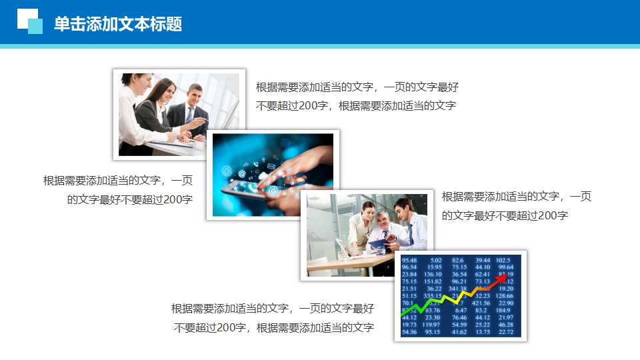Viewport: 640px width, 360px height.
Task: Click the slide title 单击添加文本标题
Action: (118, 24)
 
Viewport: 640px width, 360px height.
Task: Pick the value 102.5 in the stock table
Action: (503, 260)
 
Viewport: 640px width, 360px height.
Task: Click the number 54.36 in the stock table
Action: (409, 332)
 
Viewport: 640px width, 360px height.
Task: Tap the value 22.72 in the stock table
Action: (506, 332)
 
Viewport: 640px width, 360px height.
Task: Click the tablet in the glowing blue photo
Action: (247, 189)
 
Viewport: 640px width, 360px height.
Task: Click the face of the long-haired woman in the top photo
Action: (165, 91)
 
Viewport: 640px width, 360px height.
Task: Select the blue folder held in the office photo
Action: (379, 245)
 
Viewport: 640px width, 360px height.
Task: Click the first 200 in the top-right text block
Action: (312, 105)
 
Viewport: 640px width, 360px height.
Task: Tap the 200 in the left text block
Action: (173, 199)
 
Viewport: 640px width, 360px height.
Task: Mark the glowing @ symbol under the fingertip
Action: (273, 191)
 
